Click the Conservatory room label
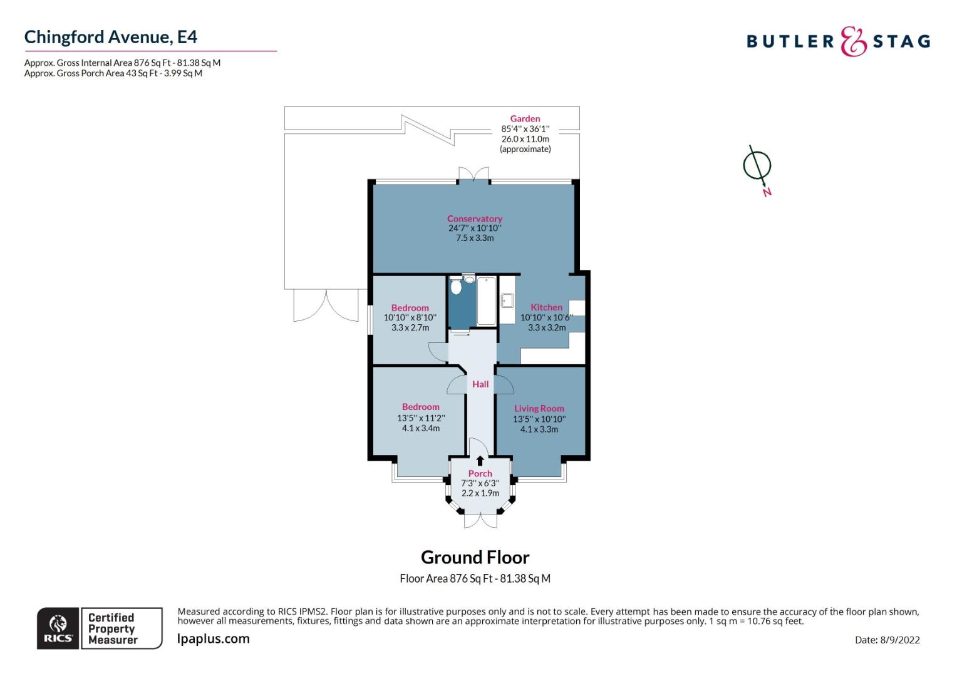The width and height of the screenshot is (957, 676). pos(475,218)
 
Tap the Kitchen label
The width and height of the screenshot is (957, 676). pos(546,307)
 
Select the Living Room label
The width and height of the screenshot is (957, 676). pos(539,409)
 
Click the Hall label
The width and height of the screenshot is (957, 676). pos(480,384)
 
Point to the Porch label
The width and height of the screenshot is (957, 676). pos(480,474)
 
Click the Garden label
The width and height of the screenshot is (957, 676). pos(525,119)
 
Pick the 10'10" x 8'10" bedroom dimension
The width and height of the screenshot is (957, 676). pos(410,318)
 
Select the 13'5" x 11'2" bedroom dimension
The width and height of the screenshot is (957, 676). pos(421,418)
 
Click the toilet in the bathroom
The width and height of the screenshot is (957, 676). pos(456,287)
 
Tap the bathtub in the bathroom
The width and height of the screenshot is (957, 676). pos(486,301)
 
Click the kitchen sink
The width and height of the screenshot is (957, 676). pos(507,301)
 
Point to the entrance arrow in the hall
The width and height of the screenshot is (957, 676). pos(480,460)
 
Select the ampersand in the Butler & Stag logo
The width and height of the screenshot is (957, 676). pos(853,42)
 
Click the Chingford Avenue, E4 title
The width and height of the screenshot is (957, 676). pos(111,37)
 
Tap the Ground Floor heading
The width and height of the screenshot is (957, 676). pos(475,557)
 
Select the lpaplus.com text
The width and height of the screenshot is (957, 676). pos(214,639)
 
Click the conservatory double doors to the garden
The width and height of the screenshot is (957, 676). pos(473,175)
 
